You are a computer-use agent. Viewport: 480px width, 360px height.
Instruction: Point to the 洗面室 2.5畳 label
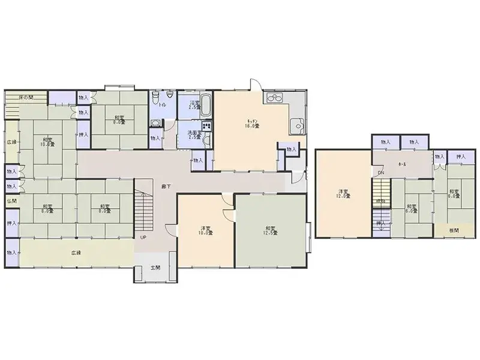(193, 134)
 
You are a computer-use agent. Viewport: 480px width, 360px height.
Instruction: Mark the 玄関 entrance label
(155, 268)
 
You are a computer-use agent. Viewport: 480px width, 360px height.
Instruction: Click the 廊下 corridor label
(165, 186)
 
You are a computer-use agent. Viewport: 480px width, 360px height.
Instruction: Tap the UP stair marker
(143, 237)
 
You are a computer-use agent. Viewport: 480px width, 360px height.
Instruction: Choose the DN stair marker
(381, 174)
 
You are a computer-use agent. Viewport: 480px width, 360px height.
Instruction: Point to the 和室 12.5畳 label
(270, 230)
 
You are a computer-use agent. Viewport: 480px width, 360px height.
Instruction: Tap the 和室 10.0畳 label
(46, 142)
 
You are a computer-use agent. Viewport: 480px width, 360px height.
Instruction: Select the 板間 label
(455, 229)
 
